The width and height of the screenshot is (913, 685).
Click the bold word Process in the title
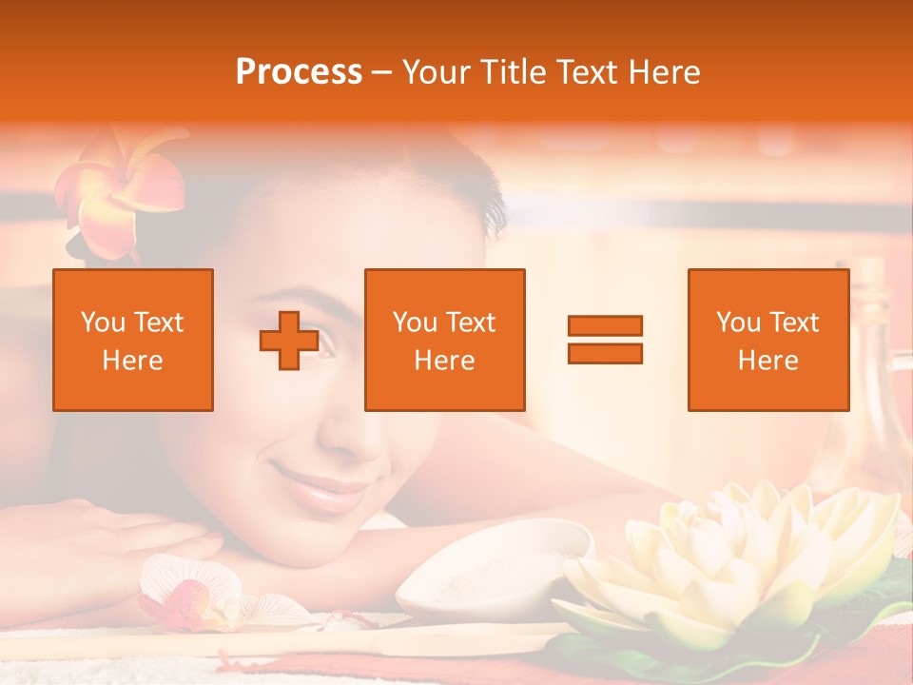coord(299,72)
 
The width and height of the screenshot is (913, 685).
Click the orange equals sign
coord(605,340)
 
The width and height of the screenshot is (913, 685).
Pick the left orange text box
coord(133,340)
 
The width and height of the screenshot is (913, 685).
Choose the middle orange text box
coord(444,340)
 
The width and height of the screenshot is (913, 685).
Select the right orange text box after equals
coord(767,340)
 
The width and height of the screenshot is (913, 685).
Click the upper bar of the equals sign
coord(605,326)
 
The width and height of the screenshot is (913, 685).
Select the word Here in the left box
coord(132,361)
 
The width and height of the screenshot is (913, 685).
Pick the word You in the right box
coord(738,323)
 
